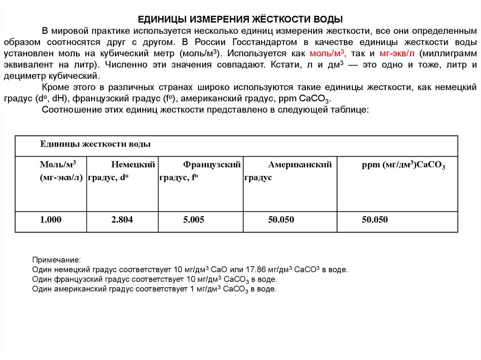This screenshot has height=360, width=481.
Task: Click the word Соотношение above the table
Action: coord(69,109)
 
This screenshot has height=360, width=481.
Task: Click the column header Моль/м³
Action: coord(58,165)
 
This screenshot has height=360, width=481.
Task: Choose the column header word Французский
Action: coord(212,165)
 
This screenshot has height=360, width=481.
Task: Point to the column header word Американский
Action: coord(300,165)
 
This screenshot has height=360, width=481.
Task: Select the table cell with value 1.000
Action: coord(51,220)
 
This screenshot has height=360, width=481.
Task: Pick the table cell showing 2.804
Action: coord(122,220)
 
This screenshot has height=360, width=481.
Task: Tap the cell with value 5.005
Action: coord(194,220)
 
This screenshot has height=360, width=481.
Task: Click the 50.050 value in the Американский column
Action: coord(281,220)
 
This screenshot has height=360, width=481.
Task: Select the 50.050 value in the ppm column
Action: coord(375,220)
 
